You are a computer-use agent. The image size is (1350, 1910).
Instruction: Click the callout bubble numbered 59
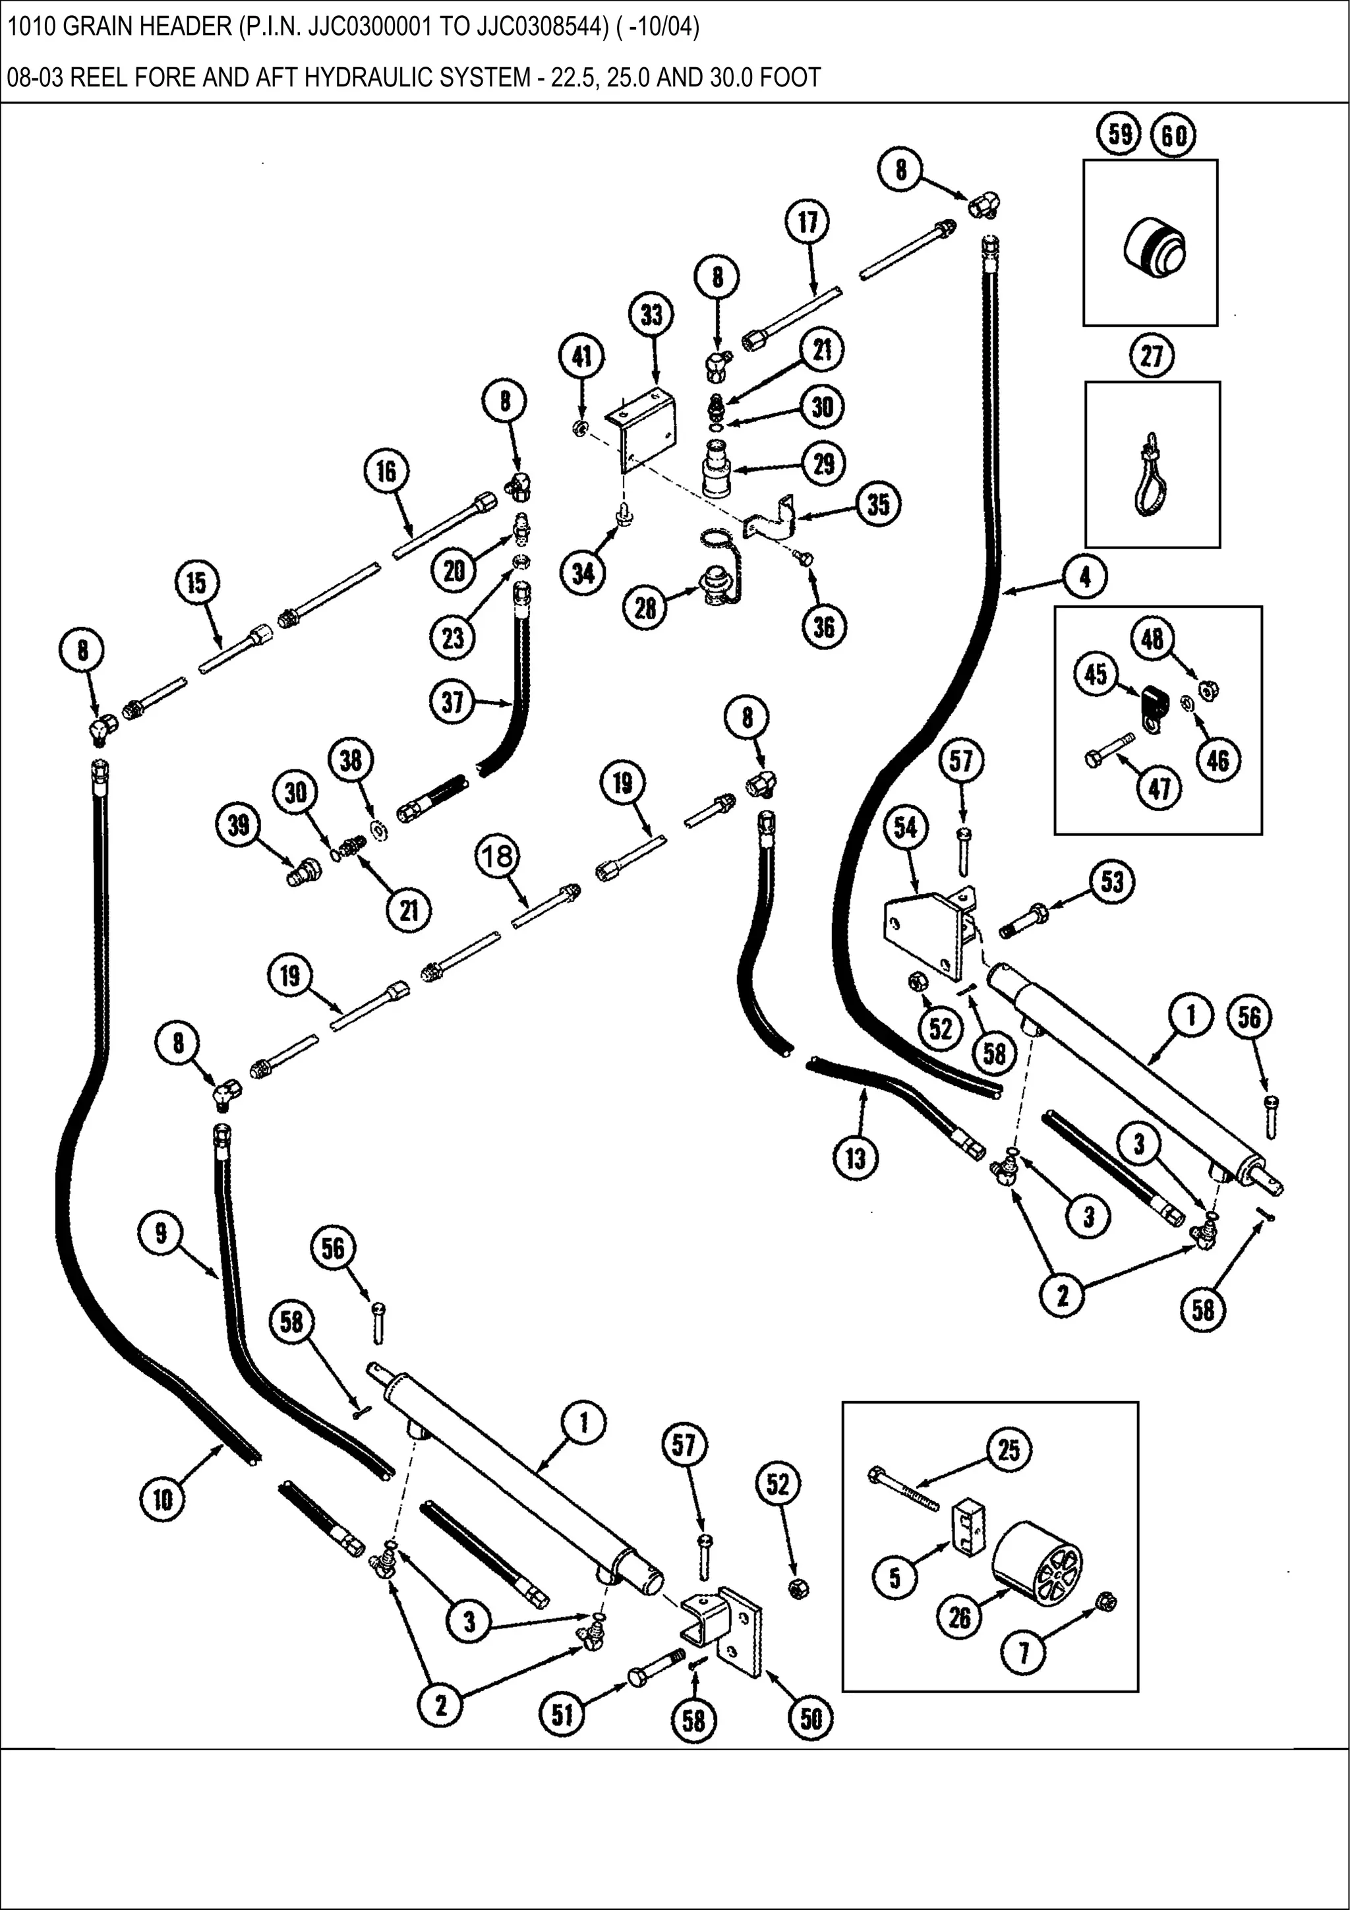1119,134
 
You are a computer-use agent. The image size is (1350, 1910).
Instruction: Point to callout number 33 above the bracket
651,315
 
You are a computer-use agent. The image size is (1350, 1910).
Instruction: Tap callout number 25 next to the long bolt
1008,1450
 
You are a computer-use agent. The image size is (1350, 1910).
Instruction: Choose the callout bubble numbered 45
1096,674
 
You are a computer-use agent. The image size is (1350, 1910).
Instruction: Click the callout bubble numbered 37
452,701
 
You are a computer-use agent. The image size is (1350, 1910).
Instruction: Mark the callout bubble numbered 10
162,1499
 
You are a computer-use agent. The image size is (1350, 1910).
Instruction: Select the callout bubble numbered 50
811,1718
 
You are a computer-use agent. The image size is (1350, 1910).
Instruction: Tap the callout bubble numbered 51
562,1714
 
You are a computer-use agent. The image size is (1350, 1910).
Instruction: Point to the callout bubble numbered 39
238,825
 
